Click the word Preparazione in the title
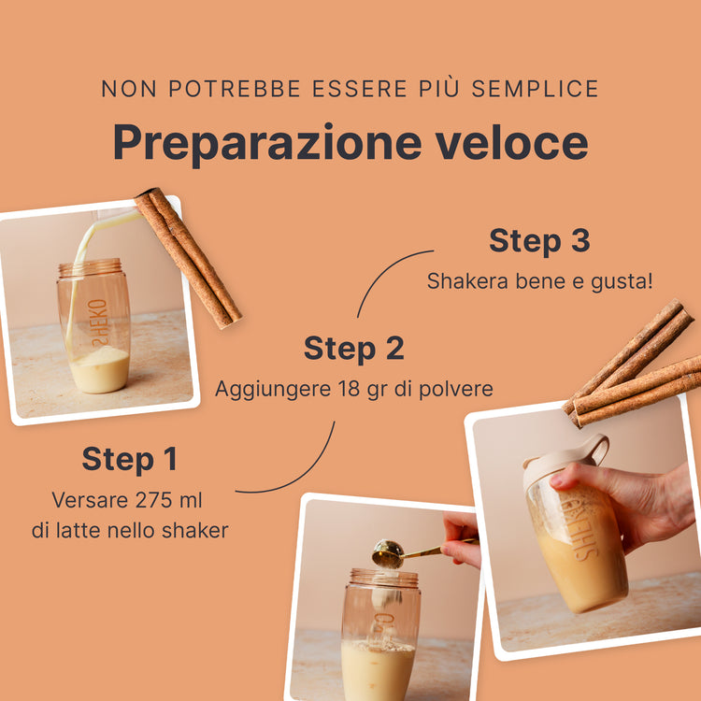(x=267, y=144)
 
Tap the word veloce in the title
(x=512, y=142)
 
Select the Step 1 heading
(x=130, y=460)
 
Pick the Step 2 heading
(x=354, y=349)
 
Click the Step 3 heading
(x=539, y=240)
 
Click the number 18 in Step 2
(x=349, y=389)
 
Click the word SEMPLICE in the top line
(x=536, y=88)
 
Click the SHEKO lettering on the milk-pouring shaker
(x=99, y=322)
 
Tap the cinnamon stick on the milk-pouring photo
(x=188, y=258)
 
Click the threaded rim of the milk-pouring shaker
(x=91, y=267)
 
